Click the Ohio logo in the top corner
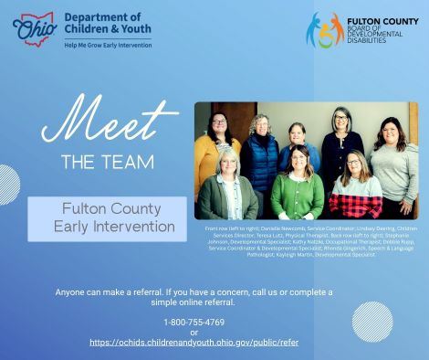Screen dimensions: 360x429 tap(35, 27)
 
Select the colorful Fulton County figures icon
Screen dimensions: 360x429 tap(324, 29)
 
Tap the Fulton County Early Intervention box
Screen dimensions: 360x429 tap(107, 217)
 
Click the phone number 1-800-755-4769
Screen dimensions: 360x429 tap(194, 322)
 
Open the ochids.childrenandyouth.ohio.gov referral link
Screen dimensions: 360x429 tap(194, 342)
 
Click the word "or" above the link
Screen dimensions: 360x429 tap(194, 332)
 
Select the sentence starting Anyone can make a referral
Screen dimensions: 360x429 tap(194, 296)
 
